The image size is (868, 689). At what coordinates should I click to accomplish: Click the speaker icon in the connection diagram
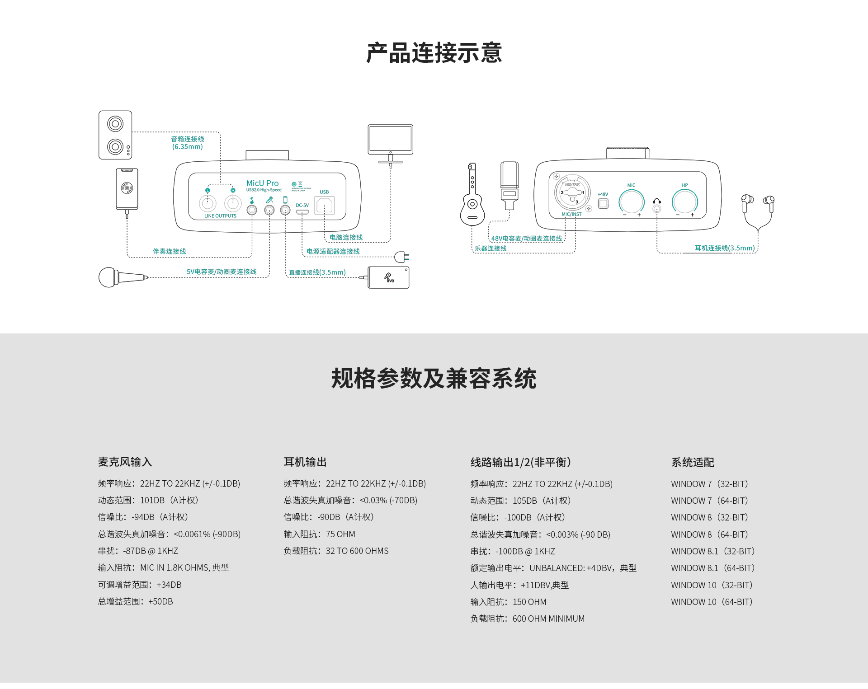[115, 135]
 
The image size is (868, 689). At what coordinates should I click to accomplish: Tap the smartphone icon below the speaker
[127, 189]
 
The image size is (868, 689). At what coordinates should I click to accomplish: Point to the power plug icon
[401, 257]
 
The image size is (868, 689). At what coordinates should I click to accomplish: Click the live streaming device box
[389, 277]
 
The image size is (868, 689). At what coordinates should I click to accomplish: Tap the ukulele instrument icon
[472, 199]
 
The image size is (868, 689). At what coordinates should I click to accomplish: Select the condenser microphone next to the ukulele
[509, 185]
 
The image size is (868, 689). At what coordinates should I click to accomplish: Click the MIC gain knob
[632, 202]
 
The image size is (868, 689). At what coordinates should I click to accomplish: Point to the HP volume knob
[685, 202]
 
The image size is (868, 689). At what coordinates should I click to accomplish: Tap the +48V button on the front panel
[603, 203]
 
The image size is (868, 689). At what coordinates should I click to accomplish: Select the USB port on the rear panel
[325, 206]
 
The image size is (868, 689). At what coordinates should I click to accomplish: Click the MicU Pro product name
[262, 183]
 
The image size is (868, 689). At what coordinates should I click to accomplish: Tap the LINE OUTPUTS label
[220, 216]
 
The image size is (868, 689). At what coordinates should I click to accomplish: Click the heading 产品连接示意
[434, 53]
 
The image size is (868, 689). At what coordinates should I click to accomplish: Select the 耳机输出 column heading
[305, 462]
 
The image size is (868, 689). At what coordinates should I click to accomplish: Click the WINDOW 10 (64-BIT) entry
[712, 602]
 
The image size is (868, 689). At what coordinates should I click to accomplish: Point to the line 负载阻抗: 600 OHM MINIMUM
[527, 619]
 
